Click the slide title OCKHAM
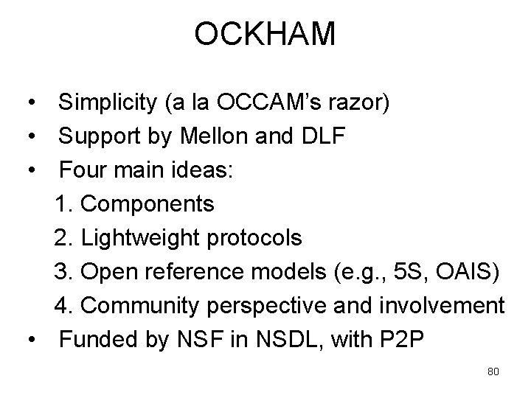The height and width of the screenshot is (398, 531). point(265,35)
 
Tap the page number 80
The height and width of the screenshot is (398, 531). point(493,371)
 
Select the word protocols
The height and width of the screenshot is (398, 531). point(255,237)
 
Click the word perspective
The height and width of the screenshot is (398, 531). point(285,305)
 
